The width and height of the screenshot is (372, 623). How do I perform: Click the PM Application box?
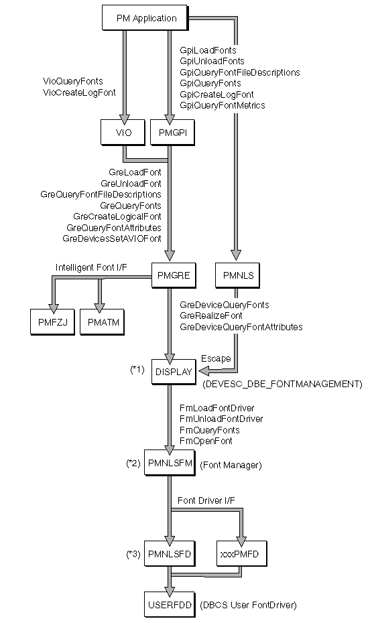(145, 18)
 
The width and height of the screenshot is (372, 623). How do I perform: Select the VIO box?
(123, 133)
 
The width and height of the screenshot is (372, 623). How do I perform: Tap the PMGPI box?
(173, 133)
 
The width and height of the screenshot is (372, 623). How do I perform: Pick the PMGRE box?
(174, 275)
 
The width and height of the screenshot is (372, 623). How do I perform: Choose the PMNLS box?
(238, 275)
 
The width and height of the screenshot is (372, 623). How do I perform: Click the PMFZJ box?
(52, 322)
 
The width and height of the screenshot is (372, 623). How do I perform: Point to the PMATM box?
(102, 322)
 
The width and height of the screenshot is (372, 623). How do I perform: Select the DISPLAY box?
(174, 372)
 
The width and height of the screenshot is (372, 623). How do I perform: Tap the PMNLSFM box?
(170, 463)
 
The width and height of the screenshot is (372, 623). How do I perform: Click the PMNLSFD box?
(170, 554)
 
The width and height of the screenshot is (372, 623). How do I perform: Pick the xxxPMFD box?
(242, 554)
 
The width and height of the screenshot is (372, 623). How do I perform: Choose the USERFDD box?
(170, 605)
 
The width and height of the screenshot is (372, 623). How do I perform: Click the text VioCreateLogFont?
(79, 92)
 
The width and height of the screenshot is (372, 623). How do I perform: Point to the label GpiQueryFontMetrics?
(222, 105)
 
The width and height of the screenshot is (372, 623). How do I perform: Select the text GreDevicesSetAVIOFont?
(112, 238)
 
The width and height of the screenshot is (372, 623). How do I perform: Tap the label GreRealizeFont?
(211, 316)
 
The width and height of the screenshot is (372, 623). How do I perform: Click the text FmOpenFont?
(206, 441)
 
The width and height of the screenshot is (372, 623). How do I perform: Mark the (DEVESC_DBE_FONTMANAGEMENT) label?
(283, 385)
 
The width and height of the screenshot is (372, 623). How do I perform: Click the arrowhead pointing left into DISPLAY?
(204, 372)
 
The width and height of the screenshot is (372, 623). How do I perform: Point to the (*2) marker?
(133, 464)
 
